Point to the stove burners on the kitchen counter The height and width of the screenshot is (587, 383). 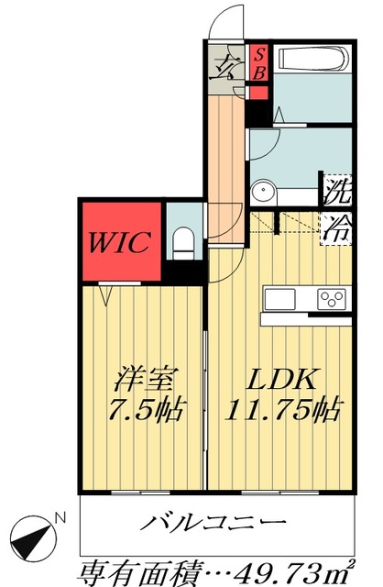pyautogui.click(x=330, y=298)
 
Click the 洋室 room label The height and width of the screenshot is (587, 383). pyautogui.click(x=145, y=378)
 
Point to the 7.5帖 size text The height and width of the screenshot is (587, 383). pyautogui.click(x=143, y=409)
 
